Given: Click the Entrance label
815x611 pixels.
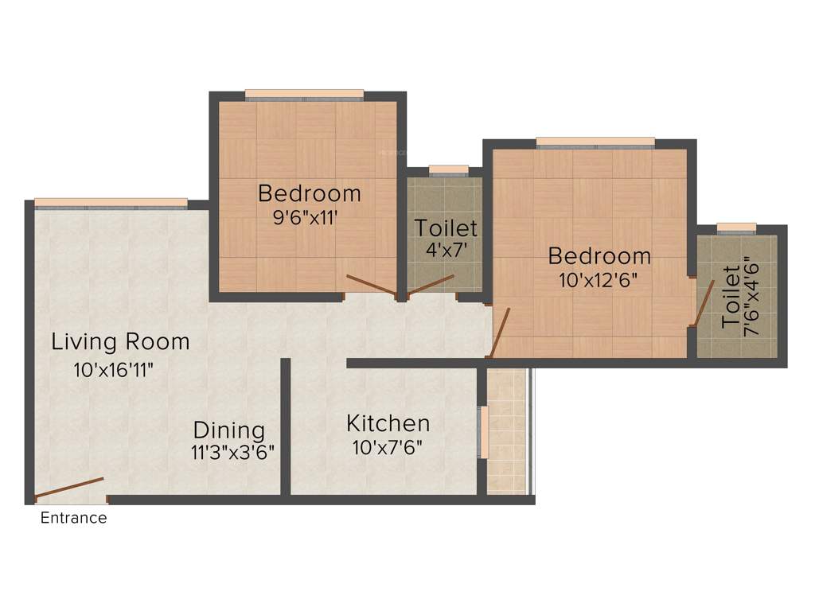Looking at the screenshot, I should click(x=73, y=518).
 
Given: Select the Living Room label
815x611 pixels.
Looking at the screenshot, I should click(x=120, y=342).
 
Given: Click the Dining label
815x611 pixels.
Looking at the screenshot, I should click(x=229, y=430).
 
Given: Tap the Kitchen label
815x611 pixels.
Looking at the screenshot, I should click(x=388, y=422).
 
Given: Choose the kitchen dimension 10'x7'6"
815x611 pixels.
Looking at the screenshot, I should click(x=388, y=446).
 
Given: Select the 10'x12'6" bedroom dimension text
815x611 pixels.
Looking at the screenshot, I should click(x=599, y=280).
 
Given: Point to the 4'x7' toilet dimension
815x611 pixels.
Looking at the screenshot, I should click(x=445, y=250).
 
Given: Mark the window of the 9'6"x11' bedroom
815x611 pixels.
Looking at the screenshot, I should click(x=305, y=95).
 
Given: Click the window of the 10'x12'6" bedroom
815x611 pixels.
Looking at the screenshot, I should click(x=595, y=143).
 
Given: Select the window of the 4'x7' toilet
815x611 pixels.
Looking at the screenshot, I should click(x=448, y=169).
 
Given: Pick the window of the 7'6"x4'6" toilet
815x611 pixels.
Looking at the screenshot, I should click(x=736, y=229).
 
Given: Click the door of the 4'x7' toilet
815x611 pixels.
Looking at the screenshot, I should click(x=431, y=285).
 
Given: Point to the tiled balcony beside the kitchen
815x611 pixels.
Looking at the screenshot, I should click(x=506, y=431).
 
